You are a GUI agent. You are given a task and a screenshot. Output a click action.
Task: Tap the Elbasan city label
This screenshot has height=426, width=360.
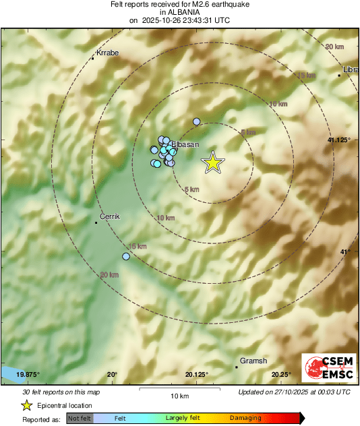click(186, 144)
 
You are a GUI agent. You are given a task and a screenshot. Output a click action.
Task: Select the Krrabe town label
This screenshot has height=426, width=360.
click(107, 53)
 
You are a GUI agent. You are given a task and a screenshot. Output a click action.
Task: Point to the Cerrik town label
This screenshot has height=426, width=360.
click(109, 216)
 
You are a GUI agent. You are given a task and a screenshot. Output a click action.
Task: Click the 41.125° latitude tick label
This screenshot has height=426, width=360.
click(339, 140)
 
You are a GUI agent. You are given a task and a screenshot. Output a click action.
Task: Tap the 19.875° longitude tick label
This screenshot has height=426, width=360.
click(28, 375)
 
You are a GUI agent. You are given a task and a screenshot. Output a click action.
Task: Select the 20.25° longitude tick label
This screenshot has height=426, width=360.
click(281, 375)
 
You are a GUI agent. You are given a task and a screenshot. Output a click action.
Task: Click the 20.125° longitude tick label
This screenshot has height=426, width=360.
click(197, 375)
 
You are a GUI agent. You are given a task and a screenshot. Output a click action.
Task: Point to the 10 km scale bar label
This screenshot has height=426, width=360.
click(179, 396)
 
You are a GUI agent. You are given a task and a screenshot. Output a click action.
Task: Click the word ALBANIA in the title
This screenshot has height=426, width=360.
click(179, 12)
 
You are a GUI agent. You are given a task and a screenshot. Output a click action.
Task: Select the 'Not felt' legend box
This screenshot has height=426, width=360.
click(79, 419)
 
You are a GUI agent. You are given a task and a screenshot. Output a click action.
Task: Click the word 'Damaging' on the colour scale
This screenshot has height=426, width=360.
click(245, 419)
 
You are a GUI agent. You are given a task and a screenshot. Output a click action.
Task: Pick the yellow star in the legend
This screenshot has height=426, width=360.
click(26, 405)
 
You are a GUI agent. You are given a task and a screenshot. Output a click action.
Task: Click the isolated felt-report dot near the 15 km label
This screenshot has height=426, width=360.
click(126, 256)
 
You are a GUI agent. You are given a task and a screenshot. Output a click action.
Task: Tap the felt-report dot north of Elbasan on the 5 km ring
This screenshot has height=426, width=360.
click(197, 121)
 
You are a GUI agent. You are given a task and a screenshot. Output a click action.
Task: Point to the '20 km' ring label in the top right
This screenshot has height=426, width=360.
click(334, 47)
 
